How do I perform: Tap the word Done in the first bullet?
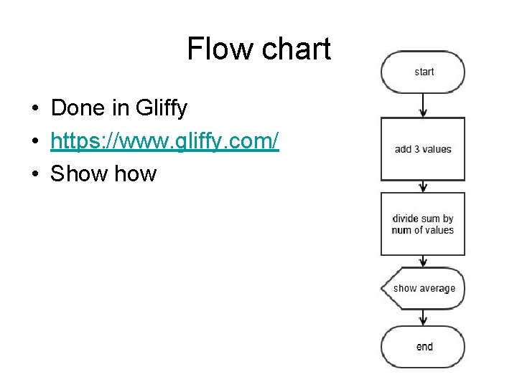coord(78,108)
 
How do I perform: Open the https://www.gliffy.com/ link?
coord(164,141)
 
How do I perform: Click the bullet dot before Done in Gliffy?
coord(34,109)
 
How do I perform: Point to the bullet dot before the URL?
coord(34,142)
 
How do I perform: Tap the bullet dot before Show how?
coord(34,174)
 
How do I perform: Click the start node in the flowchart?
coord(423,72)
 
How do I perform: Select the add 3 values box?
coord(423,149)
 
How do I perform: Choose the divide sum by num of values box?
coord(423,224)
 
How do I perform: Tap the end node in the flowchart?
coord(423,347)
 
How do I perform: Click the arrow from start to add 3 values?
coord(423,105)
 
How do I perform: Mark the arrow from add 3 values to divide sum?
coord(423,186)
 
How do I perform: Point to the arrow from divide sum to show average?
coord(423,262)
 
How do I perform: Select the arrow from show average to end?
coord(423,317)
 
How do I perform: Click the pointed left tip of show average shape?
coord(383,288)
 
